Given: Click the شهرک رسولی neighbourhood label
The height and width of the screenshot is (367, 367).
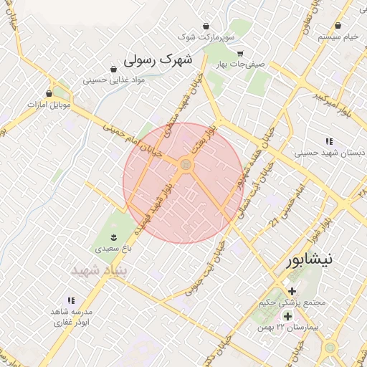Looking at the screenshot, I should point(158,59).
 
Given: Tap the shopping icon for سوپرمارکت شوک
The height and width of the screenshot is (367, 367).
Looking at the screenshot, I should point(206,26).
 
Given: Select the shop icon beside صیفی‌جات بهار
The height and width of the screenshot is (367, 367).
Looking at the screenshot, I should point(241,53).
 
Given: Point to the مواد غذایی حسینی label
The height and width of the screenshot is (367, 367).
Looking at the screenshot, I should point(115,80).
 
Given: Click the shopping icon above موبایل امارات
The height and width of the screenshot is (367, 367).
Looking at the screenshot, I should point(49,93).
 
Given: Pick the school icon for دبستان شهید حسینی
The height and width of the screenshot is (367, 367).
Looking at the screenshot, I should point(329,142).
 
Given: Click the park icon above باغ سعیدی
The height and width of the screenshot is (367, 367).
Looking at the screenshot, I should point(113,236).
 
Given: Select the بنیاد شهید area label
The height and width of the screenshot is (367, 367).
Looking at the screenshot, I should point(100,271).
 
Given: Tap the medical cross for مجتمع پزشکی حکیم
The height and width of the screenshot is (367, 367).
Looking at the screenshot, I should point(292,291).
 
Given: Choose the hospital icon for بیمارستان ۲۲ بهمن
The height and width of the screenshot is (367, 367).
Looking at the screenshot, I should point(287,316).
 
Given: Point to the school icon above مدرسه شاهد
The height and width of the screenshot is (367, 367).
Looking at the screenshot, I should point(71,301).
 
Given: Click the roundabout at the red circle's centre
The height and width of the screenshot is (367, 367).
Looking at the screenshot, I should point(186,166).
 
